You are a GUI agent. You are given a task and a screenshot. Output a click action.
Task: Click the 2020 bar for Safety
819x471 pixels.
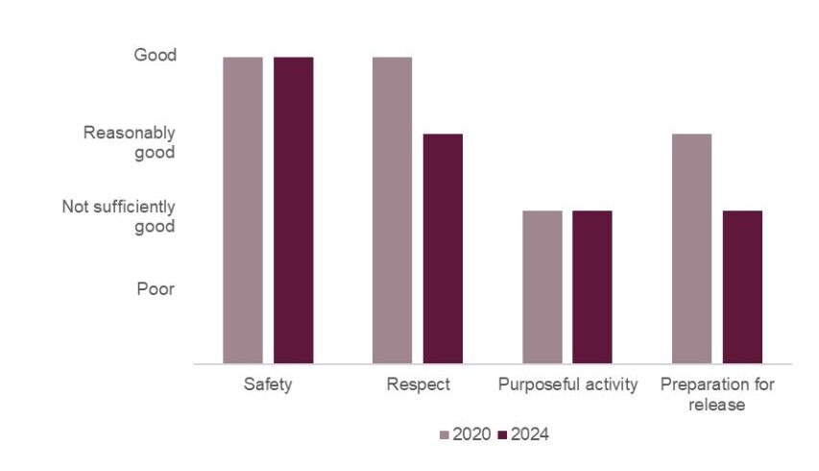pos(242,211)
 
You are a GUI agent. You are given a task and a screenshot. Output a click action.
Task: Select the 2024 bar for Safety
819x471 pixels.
pos(293,211)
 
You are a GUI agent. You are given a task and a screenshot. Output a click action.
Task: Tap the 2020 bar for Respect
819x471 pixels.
pos(392,211)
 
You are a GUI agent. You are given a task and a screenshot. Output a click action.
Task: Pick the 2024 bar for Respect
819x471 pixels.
pos(443,249)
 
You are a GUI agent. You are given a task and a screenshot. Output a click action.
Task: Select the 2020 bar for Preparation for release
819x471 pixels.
pos(692,249)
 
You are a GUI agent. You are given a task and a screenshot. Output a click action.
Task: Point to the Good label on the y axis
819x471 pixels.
pos(155,56)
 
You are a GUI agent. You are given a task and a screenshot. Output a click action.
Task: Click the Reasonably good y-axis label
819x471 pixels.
pos(130,141)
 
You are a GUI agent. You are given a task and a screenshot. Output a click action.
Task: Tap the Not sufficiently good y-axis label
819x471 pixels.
pos(119,216)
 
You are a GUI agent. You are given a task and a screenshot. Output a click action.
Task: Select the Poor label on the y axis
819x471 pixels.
pos(156,288)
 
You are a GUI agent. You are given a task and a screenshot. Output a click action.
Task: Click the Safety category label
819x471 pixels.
pos(268,385)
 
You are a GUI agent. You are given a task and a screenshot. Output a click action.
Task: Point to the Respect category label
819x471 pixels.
pos(418,385)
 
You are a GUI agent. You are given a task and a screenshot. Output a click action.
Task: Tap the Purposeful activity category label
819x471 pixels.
pos(567,385)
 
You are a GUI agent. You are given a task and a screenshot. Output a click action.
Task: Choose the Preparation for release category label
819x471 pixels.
pos(717,394)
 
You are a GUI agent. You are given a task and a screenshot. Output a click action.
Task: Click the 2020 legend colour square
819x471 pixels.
pos(445,435)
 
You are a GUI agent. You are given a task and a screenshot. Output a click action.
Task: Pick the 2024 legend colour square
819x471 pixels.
pos(502,435)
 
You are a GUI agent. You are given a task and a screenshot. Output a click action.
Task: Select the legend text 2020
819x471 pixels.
pos(471,435)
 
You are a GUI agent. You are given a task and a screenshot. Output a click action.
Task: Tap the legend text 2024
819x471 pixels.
pos(530,435)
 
